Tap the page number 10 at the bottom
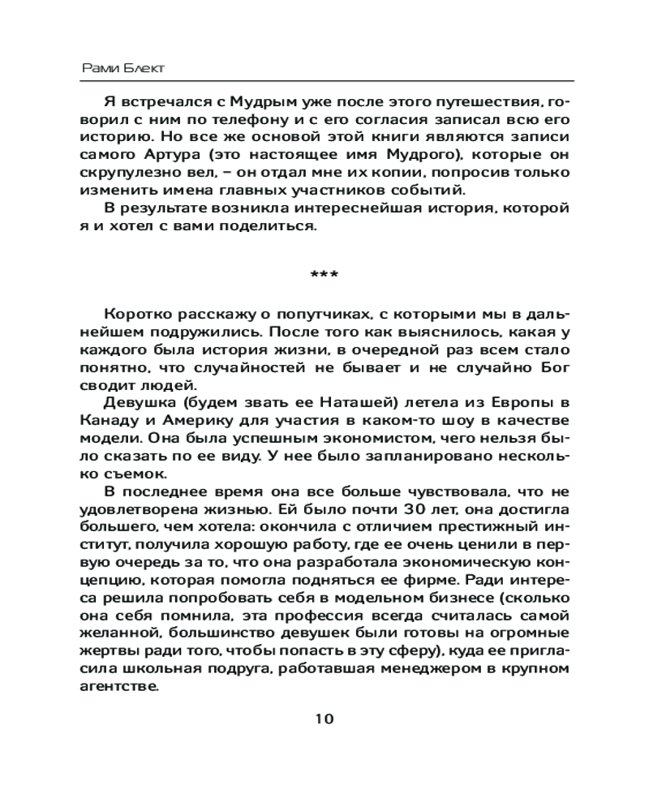(x=324, y=719)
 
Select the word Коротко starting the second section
(x=136, y=315)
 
